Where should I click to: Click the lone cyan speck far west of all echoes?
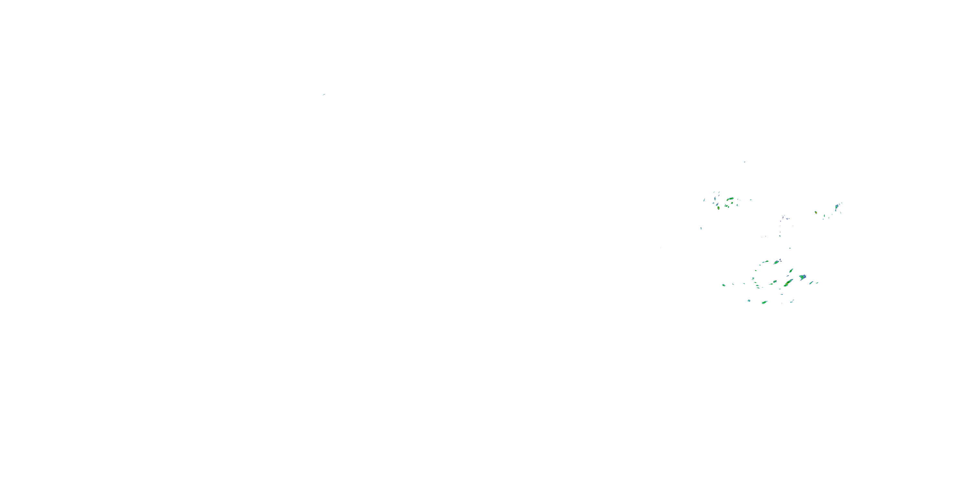[323, 94]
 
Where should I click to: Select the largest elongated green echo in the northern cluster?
[730, 199]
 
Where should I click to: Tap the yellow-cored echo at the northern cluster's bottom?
[718, 208]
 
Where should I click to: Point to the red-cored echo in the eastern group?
[816, 212]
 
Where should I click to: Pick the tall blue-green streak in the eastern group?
[836, 207]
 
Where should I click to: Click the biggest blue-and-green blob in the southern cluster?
[803, 277]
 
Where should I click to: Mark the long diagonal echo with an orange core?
[787, 283]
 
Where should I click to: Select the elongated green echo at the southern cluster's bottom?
[764, 302]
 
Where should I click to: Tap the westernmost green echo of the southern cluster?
[723, 285]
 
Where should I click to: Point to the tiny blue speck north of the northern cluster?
[744, 162]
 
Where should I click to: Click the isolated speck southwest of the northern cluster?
[701, 228]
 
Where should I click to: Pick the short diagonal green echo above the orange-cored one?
[791, 270]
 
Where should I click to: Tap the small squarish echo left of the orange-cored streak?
[775, 281]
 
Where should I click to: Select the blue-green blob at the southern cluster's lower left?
[749, 300]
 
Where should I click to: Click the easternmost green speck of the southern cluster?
[817, 282]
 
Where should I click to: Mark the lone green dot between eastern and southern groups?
[790, 248]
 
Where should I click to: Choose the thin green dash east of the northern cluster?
[750, 199]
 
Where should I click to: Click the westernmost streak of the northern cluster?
[704, 200]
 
